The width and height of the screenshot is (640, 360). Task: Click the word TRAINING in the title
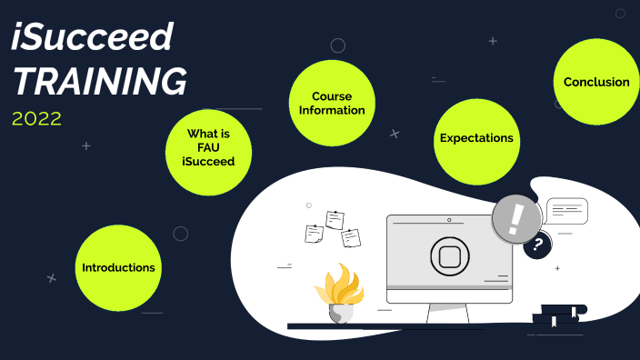click(x=100, y=82)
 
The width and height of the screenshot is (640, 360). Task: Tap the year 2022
click(x=37, y=118)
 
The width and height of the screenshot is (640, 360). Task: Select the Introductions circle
click(x=118, y=267)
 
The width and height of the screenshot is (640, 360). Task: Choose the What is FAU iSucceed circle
click(x=208, y=147)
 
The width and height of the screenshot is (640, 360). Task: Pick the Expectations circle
click(x=476, y=139)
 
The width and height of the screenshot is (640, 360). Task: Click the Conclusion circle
click(x=596, y=82)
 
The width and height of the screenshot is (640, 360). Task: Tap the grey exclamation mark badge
click(x=517, y=219)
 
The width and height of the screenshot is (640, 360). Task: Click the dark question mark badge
click(x=538, y=244)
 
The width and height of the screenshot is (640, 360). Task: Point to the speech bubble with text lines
click(x=565, y=211)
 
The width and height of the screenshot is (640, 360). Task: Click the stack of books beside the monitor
click(x=555, y=316)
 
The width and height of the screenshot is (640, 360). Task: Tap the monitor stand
click(x=448, y=314)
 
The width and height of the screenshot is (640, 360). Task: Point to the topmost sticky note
click(x=335, y=219)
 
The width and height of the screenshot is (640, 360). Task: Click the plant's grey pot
click(x=341, y=312)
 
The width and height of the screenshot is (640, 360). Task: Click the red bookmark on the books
click(x=574, y=313)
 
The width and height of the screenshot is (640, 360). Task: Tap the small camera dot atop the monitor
click(x=448, y=220)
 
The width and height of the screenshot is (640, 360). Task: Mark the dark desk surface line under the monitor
click(x=409, y=325)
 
